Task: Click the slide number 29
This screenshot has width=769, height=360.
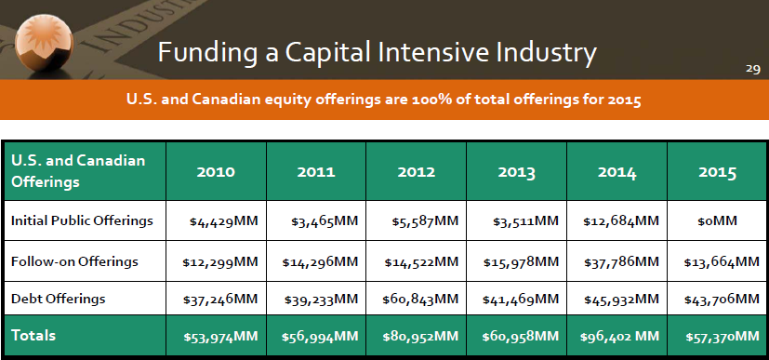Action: (753, 69)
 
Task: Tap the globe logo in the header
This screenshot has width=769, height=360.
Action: (44, 44)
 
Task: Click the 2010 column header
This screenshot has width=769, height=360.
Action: (216, 172)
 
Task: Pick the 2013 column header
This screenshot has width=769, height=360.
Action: (516, 172)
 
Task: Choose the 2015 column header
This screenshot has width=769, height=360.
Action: (718, 172)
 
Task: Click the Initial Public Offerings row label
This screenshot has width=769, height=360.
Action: (82, 220)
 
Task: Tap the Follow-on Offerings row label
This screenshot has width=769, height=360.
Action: (74, 261)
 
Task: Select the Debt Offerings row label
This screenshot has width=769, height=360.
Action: (58, 299)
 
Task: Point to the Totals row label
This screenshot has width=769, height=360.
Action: (33, 336)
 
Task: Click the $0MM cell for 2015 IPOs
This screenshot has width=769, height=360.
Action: (717, 221)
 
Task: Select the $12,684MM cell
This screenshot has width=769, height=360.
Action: (621, 221)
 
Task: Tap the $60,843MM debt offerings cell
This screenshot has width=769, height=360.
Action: (420, 299)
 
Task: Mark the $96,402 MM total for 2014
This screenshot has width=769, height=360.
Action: (620, 337)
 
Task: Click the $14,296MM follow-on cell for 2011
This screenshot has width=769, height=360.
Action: (320, 262)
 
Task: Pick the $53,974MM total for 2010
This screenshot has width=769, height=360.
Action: (220, 337)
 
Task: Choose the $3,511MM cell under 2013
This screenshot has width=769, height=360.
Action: (525, 221)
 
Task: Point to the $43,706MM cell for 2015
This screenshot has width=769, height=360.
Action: (722, 299)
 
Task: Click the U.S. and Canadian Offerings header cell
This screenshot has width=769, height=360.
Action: (78, 171)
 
